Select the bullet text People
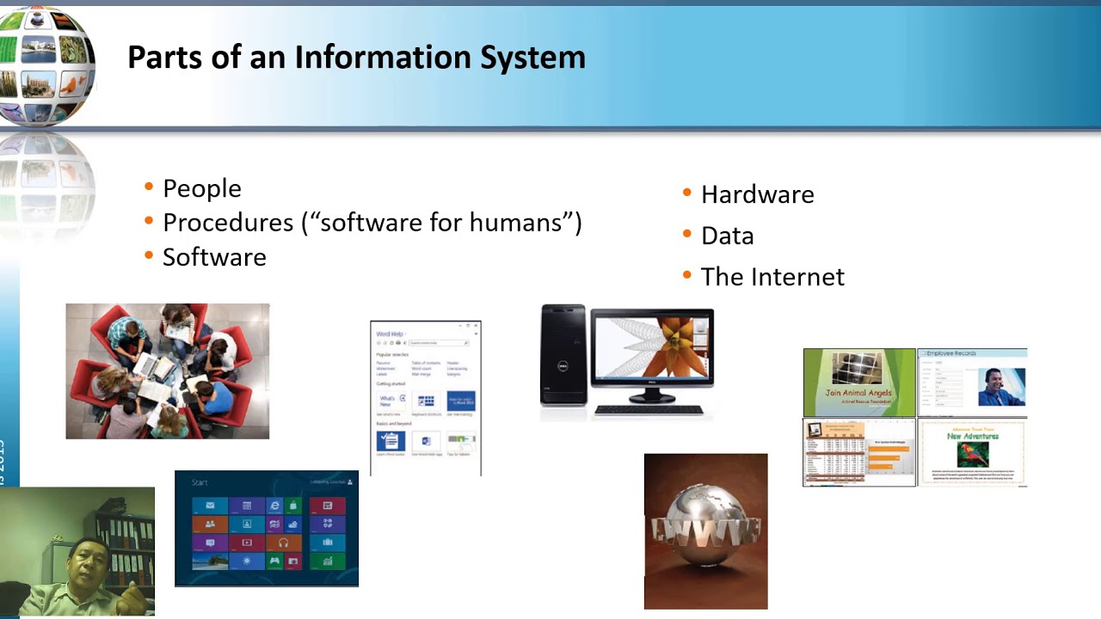[x=202, y=188]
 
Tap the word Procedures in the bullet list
[x=228, y=223]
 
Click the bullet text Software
[x=214, y=257]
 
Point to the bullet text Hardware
[x=757, y=194]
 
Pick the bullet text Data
[x=727, y=236]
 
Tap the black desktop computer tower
[x=563, y=354]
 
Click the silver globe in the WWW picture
[x=705, y=525]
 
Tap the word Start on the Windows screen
[x=200, y=482]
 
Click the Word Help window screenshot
[x=425, y=397]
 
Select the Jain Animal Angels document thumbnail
[x=858, y=382]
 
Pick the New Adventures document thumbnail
[x=972, y=452]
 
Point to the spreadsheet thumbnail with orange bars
[x=858, y=452]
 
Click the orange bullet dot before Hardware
[x=686, y=193]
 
